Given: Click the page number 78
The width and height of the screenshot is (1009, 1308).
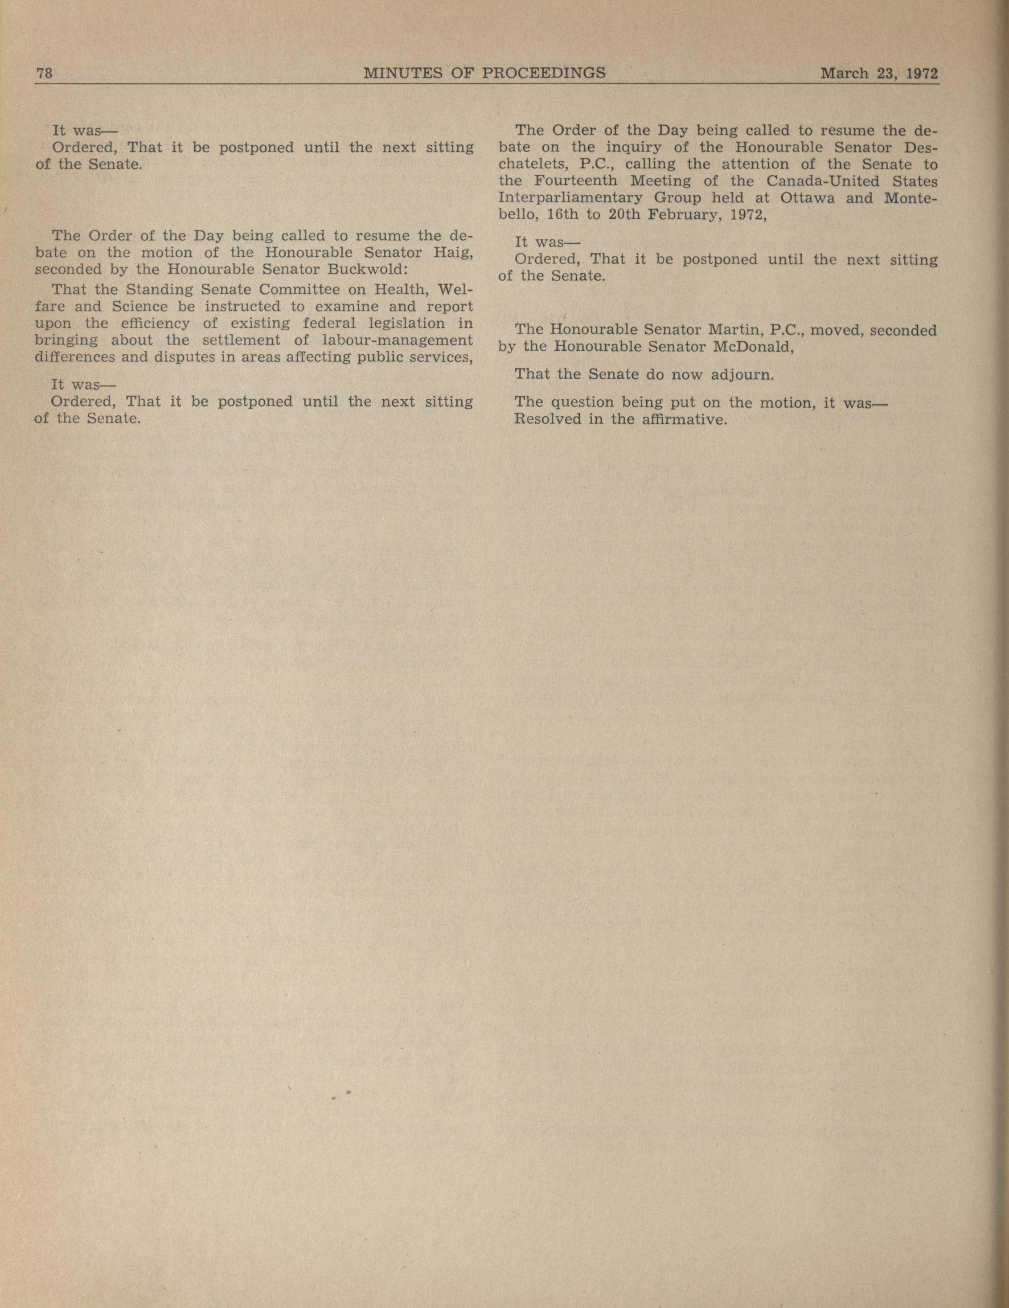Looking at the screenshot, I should coord(45,74).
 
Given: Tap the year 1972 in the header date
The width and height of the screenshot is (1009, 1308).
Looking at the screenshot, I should coord(922,74).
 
